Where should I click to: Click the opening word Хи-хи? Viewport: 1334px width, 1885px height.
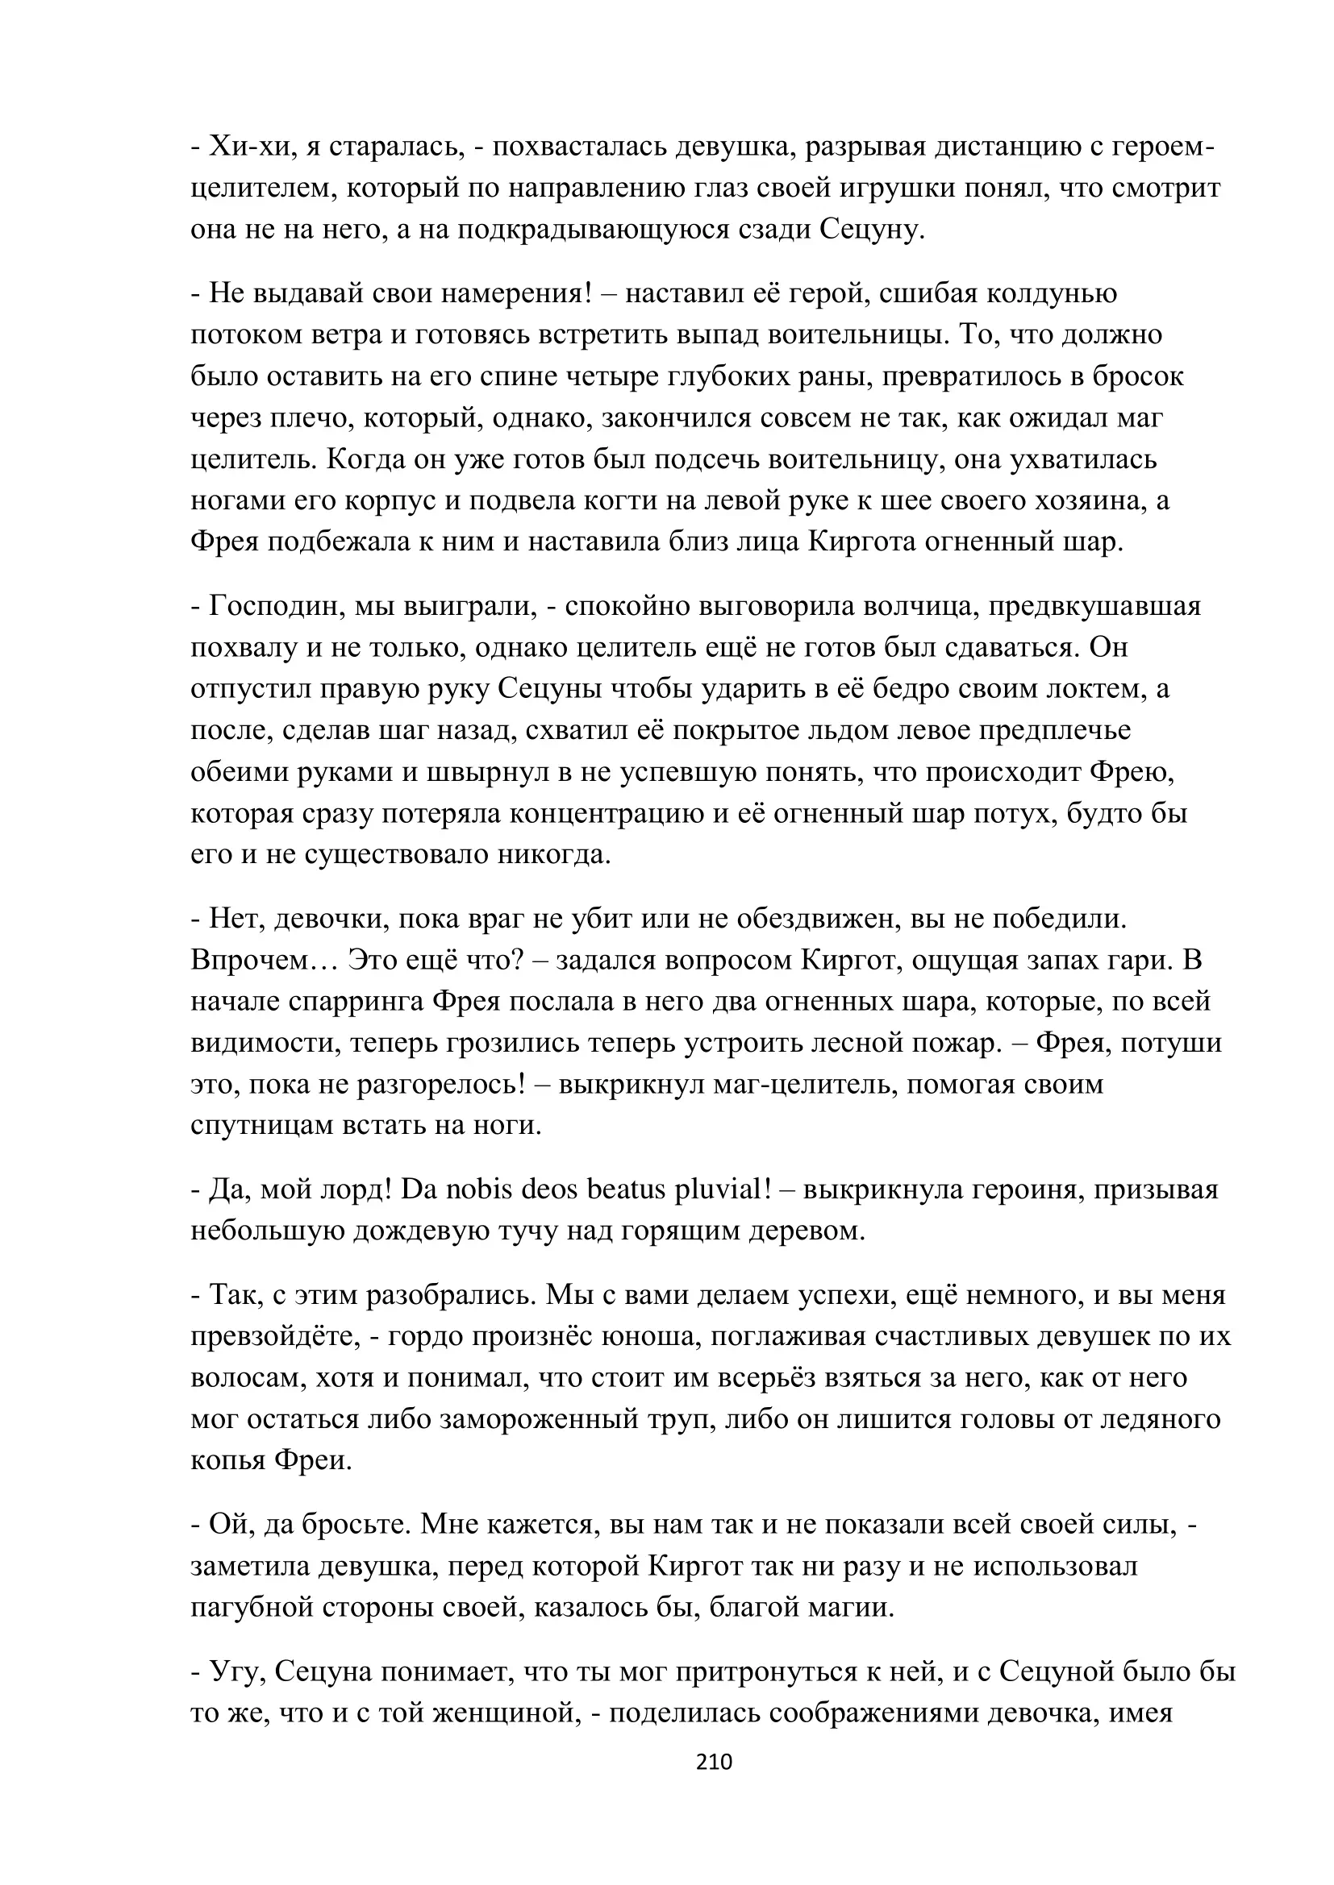coord(245,147)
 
